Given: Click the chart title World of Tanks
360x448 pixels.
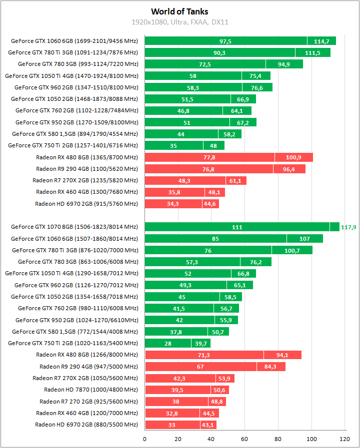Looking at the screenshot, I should [179, 11].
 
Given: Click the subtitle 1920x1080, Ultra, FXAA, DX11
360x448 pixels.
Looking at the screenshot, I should [180, 22].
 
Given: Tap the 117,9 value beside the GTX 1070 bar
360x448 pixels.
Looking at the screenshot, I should [348, 227].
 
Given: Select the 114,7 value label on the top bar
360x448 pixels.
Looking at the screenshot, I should [321, 41].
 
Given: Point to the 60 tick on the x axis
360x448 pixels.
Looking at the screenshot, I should [244, 439].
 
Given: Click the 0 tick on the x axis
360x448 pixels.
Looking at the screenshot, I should [145, 439].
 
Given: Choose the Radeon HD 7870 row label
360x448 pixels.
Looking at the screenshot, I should [90, 390].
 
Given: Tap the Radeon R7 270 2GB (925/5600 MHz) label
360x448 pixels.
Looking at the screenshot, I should [88, 401].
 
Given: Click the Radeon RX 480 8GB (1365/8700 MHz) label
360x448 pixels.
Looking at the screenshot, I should [86, 157].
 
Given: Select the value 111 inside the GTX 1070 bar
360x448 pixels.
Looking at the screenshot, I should [237, 227].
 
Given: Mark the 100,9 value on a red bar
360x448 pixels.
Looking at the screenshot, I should [293, 157].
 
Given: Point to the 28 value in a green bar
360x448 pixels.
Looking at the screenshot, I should [168, 343].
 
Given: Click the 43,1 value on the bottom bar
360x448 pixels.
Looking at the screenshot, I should [208, 425].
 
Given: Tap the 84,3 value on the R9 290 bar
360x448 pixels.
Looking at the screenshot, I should [271, 367].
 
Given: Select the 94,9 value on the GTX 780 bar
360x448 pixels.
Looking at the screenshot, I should [284, 64].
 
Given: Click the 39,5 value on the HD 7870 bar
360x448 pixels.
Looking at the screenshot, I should [178, 390].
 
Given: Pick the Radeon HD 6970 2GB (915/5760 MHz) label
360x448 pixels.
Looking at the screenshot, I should [86, 204].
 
